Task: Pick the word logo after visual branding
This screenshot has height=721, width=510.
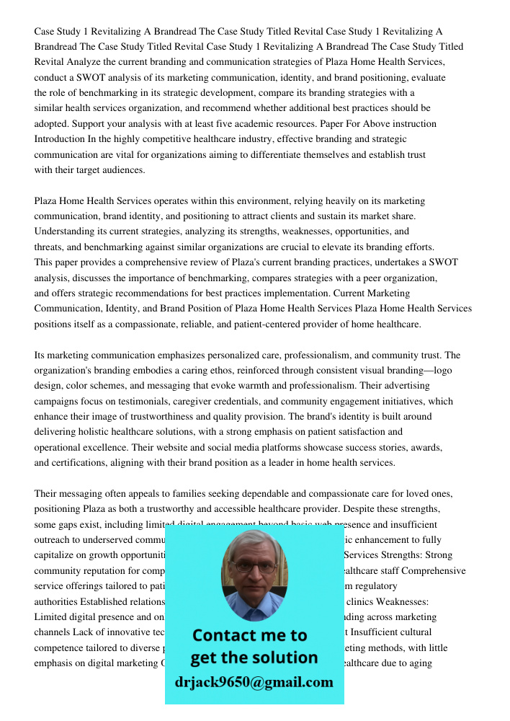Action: [442, 371]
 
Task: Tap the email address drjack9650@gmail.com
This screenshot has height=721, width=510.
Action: [254, 682]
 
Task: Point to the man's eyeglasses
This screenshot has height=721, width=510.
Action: [253, 567]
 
